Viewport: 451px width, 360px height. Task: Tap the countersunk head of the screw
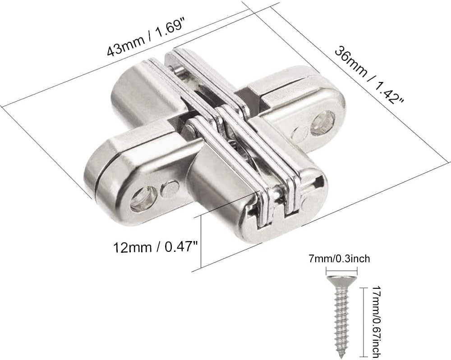click(341, 282)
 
